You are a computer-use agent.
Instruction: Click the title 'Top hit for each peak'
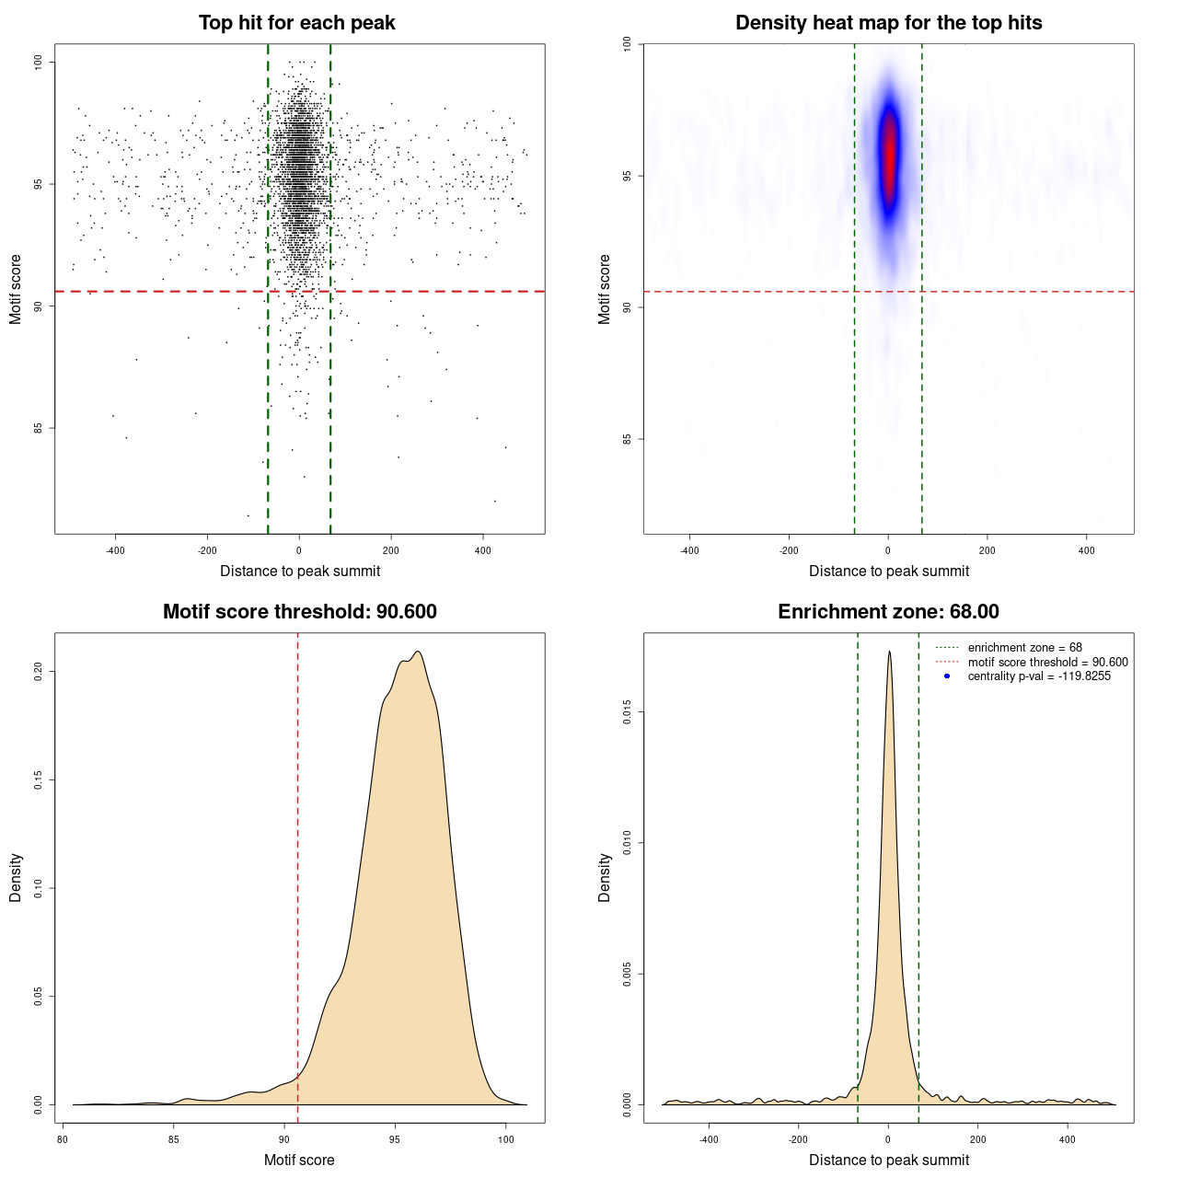point(296,23)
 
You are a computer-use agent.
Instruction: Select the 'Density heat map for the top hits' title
point(888,23)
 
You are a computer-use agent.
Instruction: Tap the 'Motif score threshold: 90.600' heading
point(299,612)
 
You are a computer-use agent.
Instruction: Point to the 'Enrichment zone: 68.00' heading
point(888,612)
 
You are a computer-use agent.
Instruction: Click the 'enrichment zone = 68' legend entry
point(1024,648)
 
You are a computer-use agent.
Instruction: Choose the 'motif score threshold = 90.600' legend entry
point(1047,662)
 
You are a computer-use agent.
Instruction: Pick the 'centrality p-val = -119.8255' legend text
point(1039,676)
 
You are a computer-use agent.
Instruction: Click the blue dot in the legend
point(947,676)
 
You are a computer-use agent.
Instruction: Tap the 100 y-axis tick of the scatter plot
point(39,62)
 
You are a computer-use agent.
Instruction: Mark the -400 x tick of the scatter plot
point(115,550)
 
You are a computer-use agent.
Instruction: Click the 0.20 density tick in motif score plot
point(39,672)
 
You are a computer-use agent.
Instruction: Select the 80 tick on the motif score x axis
point(63,1139)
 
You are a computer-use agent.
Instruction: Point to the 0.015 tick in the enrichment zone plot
point(628,711)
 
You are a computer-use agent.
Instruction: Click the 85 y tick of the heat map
point(628,439)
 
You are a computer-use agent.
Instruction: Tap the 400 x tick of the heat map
point(1087,550)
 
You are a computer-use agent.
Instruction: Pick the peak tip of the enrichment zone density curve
point(889,653)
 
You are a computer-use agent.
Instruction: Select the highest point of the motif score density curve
point(419,653)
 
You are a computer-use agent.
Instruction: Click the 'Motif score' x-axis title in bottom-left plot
point(299,1160)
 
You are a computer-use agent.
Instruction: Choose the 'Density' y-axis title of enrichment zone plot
point(605,877)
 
